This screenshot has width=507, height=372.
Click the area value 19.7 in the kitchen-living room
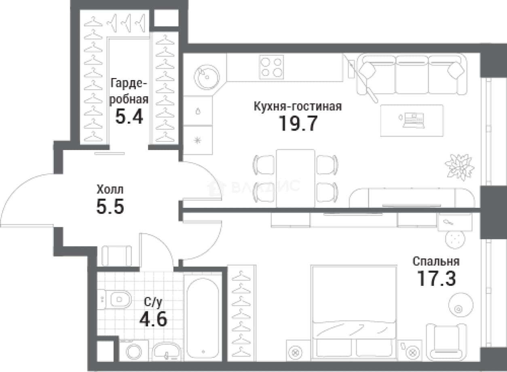tap(298, 123)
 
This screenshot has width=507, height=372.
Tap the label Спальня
tap(436, 262)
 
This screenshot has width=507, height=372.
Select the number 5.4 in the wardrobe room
tap(129, 116)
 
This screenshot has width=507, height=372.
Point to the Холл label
tap(110, 190)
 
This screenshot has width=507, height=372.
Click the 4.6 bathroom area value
tap(153, 319)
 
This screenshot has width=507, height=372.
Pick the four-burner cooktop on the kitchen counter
tap(271, 67)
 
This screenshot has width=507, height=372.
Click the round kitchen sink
tap(207, 77)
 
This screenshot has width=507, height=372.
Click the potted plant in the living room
tap(459, 167)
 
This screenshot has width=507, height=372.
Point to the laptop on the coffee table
tap(412, 120)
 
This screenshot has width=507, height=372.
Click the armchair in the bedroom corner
tap(446, 342)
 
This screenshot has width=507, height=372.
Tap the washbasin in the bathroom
tap(167, 352)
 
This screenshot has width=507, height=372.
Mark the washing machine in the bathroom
tap(134, 351)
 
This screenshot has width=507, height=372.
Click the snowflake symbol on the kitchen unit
tap(198, 140)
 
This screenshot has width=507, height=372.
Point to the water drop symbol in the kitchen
tap(198, 111)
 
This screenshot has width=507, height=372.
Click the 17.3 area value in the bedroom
tap(436, 278)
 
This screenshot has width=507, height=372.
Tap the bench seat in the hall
tap(116, 256)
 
